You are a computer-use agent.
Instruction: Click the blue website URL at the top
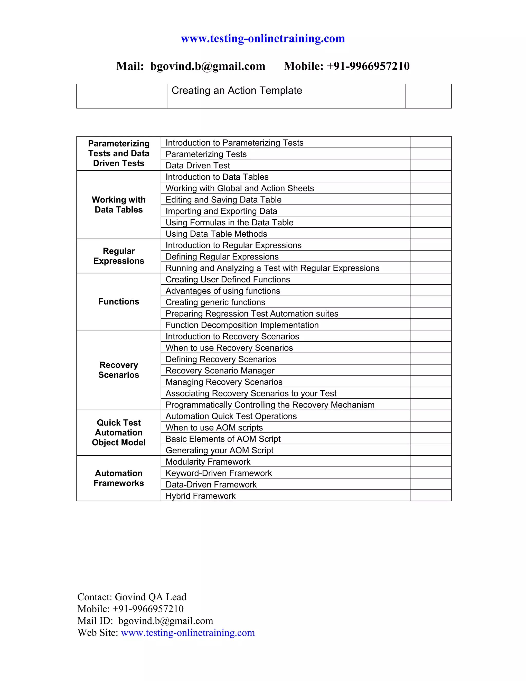tap(263, 39)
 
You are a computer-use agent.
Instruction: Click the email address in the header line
tap(208, 66)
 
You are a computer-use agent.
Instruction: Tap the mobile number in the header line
tap(368, 66)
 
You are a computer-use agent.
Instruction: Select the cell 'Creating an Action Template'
tap(237, 90)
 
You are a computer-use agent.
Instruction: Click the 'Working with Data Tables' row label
tap(119, 205)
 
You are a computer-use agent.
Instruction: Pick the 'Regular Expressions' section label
tap(119, 256)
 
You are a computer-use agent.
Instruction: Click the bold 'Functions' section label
tap(119, 301)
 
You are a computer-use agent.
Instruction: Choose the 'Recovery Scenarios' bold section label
tap(119, 370)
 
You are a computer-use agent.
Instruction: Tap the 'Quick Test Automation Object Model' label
tap(119, 432)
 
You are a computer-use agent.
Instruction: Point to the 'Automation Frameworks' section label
tap(119, 478)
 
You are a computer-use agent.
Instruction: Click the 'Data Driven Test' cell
tap(198, 165)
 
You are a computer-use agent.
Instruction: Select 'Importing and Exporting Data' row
tap(221, 211)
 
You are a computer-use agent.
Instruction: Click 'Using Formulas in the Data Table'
tap(229, 222)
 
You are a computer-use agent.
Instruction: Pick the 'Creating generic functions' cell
tap(215, 302)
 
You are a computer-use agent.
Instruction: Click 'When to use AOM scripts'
tap(214, 428)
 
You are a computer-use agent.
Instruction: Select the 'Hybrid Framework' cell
tap(200, 496)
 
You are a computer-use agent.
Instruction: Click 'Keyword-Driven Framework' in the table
tap(219, 473)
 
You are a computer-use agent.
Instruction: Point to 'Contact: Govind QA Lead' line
tap(132, 597)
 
